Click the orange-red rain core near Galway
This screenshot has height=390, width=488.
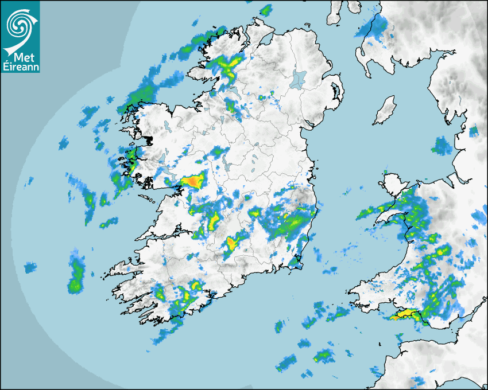click(193, 182)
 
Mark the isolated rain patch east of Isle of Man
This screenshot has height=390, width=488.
click(442, 146)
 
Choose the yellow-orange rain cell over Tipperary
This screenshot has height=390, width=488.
click(232, 243)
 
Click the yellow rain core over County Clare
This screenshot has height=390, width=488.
click(214, 219)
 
